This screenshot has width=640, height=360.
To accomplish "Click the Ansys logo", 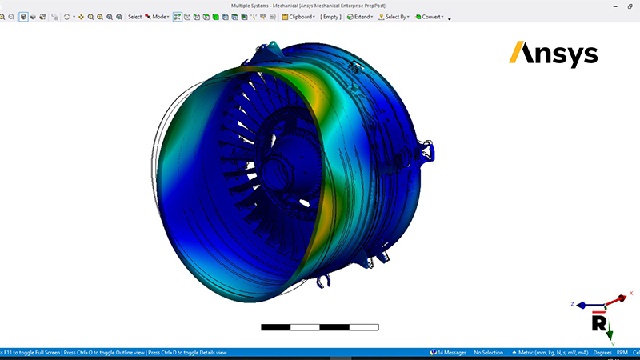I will pos(554,54).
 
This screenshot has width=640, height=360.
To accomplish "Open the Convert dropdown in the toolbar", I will pos(430,17).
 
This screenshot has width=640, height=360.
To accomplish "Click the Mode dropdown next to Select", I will pos(158,17).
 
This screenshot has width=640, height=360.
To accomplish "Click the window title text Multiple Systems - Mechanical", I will pos(319,5).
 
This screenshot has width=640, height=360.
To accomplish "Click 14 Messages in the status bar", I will pos(448,352).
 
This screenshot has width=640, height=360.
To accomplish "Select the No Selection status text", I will pos(488,352).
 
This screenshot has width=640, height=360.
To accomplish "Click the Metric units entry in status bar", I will pos(552,352).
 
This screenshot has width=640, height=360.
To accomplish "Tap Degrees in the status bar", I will pos(602,352).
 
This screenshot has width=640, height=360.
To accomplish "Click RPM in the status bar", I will pos(622,352).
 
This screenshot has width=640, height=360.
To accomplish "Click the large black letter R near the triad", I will pos(598,322).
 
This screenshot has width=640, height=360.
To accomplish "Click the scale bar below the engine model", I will pos(320,326).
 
